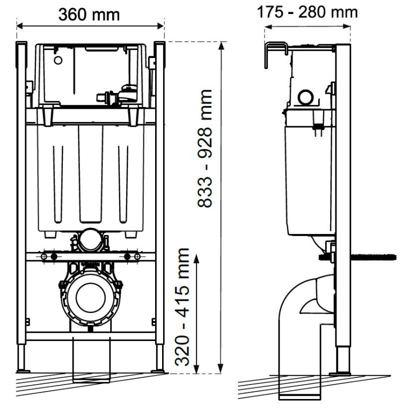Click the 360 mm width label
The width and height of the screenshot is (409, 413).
tap(90, 13)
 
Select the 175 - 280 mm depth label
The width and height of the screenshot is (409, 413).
tap(307, 12)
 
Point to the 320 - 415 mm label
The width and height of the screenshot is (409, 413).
tap(183, 307)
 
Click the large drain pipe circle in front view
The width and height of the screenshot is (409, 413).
tap(90, 297)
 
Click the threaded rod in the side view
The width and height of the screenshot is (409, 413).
tap(373, 257)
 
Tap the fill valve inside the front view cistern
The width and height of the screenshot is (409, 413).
tap(119, 97)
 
